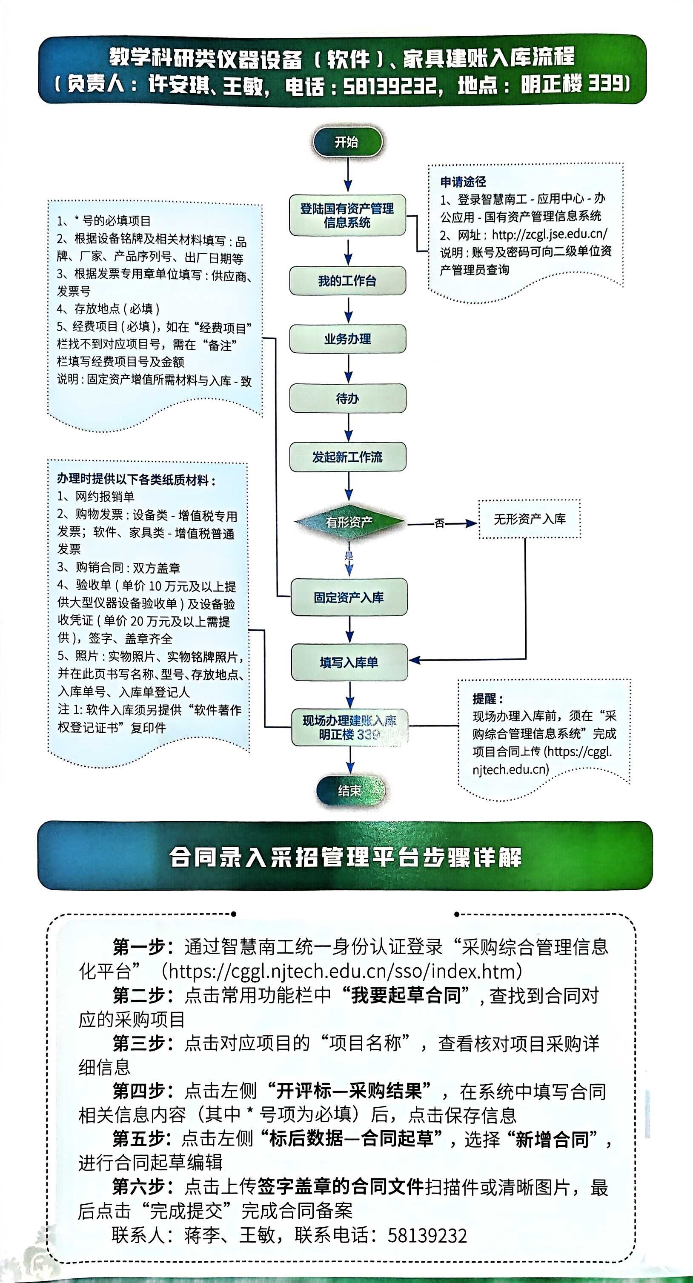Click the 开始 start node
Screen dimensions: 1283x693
point(347,142)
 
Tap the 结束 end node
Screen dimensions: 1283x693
point(350,790)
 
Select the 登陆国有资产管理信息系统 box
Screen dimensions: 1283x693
point(347,215)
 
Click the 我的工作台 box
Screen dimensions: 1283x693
point(347,281)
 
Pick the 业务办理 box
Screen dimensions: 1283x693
point(348,339)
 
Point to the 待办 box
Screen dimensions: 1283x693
point(348,398)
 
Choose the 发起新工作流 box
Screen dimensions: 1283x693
point(348,457)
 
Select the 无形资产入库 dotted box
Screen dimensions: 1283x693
point(530,519)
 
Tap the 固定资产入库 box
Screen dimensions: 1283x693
point(349,597)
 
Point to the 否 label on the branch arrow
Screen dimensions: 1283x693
point(439,523)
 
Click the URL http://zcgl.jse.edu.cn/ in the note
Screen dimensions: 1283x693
point(550,234)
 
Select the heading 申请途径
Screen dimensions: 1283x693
point(463,182)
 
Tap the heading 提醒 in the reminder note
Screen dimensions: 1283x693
point(487,698)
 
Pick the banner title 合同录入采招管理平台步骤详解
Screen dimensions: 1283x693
point(345,857)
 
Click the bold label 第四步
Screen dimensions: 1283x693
point(142,1091)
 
